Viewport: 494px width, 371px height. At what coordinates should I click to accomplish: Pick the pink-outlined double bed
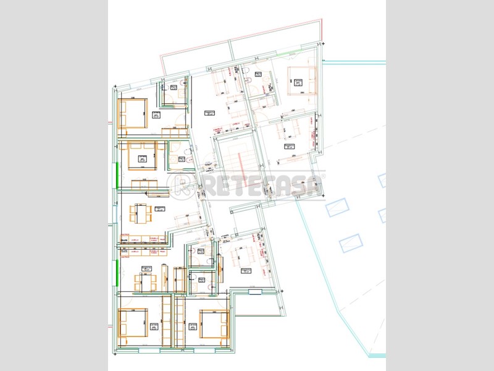tap(301, 80)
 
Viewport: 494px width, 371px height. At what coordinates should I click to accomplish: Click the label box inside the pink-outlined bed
tap(296, 80)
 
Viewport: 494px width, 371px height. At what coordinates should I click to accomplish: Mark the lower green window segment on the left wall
tap(115, 272)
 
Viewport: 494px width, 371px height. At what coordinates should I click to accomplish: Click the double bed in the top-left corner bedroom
tap(133, 113)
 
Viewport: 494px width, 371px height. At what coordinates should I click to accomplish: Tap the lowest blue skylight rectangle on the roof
tap(350, 242)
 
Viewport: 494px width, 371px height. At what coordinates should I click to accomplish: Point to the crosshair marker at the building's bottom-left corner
tap(114, 353)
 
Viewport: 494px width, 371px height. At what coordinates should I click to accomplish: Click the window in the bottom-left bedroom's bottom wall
tap(148, 351)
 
